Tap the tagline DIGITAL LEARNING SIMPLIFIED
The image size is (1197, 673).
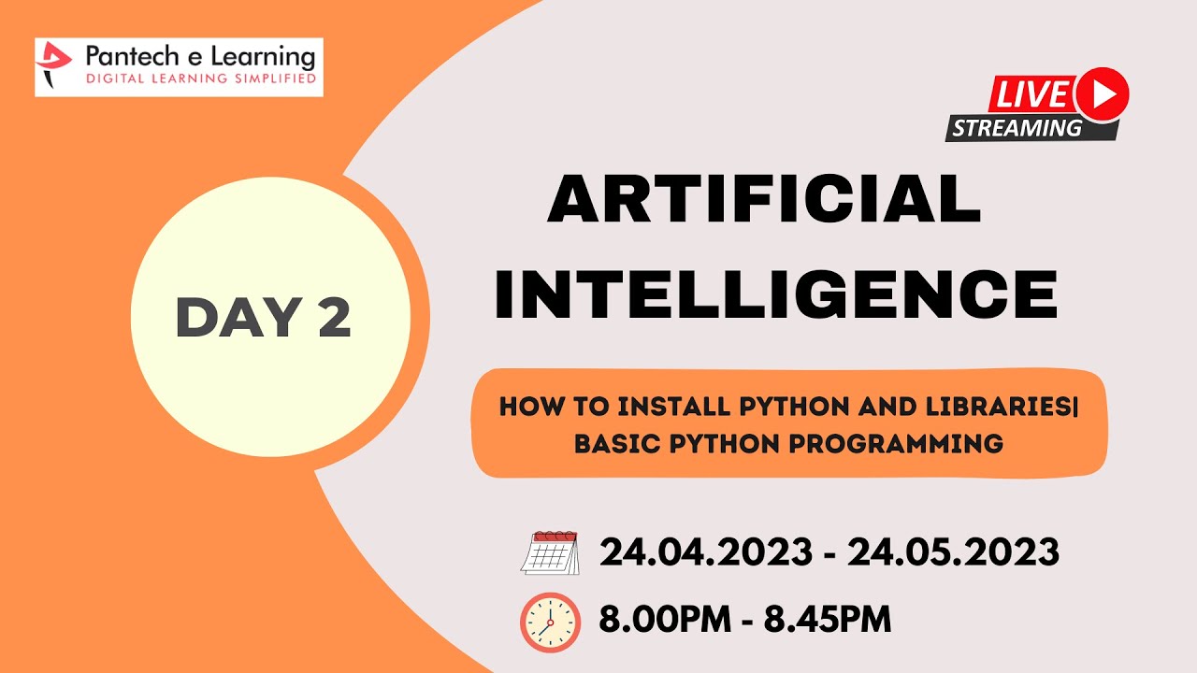click(200, 79)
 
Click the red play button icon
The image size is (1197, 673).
click(1103, 94)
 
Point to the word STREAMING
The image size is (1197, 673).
click(1017, 127)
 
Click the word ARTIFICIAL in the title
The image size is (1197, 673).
click(764, 199)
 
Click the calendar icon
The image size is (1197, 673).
click(549, 552)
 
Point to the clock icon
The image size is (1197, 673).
click(550, 622)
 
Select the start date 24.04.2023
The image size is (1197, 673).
click(705, 552)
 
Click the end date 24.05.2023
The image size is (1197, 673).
click(953, 552)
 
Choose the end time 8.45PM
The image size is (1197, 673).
click(827, 618)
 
